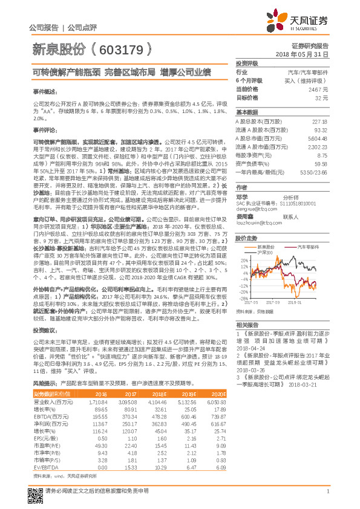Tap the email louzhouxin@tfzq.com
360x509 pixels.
pyautogui.click(x=255, y=223)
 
